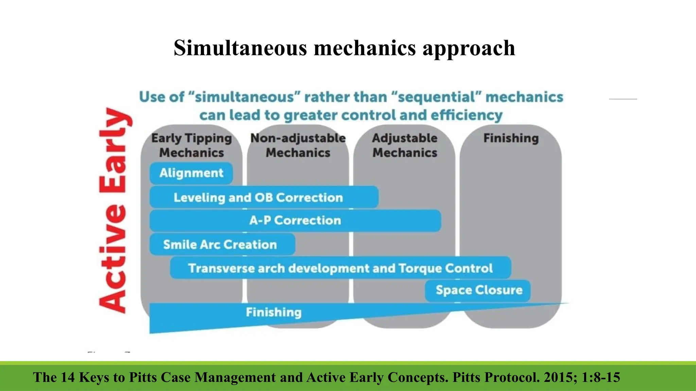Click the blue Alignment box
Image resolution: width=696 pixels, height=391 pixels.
(x=191, y=173)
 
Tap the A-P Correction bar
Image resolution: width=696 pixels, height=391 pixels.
(x=295, y=221)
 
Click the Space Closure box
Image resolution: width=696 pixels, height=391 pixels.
(x=478, y=290)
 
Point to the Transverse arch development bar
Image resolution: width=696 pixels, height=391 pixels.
(x=340, y=268)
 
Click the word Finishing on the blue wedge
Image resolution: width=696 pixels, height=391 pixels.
(x=274, y=312)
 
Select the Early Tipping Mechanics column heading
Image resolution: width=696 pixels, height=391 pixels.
(x=191, y=145)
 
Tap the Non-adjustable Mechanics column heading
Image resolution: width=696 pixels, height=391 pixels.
(x=298, y=145)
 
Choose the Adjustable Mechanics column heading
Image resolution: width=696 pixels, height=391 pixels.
(x=404, y=145)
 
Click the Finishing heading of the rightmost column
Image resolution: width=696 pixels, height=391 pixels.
(x=511, y=138)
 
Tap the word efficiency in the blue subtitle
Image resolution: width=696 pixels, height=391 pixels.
(x=466, y=115)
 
